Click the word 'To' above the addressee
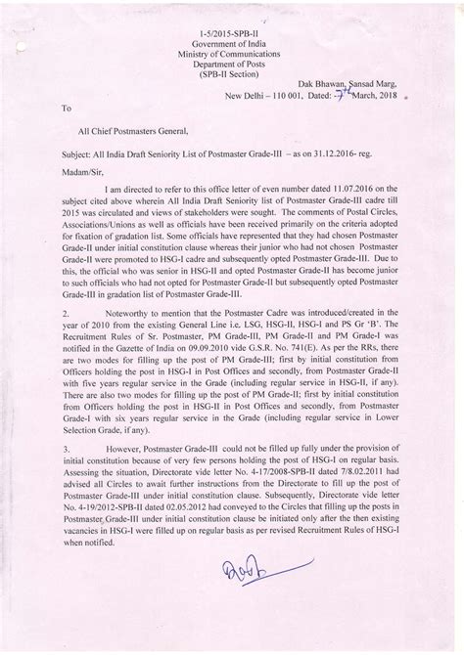pyautogui.click(x=67, y=110)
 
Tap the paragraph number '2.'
pyautogui.click(x=66, y=335)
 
